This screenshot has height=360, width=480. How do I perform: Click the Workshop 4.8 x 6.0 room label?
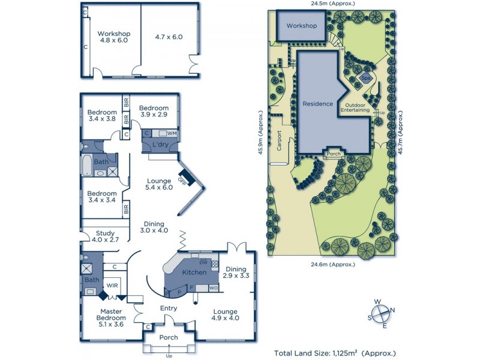(x=115, y=37)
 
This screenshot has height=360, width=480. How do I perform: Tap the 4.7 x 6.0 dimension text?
(x=169, y=37)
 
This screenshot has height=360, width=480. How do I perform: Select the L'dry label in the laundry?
(x=160, y=145)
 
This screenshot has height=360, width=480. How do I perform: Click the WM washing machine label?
(x=172, y=133)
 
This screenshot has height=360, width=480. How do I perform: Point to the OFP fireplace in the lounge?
(x=185, y=178)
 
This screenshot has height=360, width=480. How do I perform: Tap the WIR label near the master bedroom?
(x=112, y=286)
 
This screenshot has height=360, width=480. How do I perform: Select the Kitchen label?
(x=194, y=272)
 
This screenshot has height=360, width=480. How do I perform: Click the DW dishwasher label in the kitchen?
(x=203, y=263)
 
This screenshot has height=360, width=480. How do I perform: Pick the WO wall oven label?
(x=213, y=289)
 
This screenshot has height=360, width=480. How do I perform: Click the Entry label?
(x=169, y=308)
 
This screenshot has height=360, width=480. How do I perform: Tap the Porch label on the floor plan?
(x=169, y=337)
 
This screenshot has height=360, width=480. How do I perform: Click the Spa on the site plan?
(x=364, y=78)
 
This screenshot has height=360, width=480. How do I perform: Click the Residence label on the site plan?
(x=317, y=104)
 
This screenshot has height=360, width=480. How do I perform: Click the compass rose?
(x=380, y=314)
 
